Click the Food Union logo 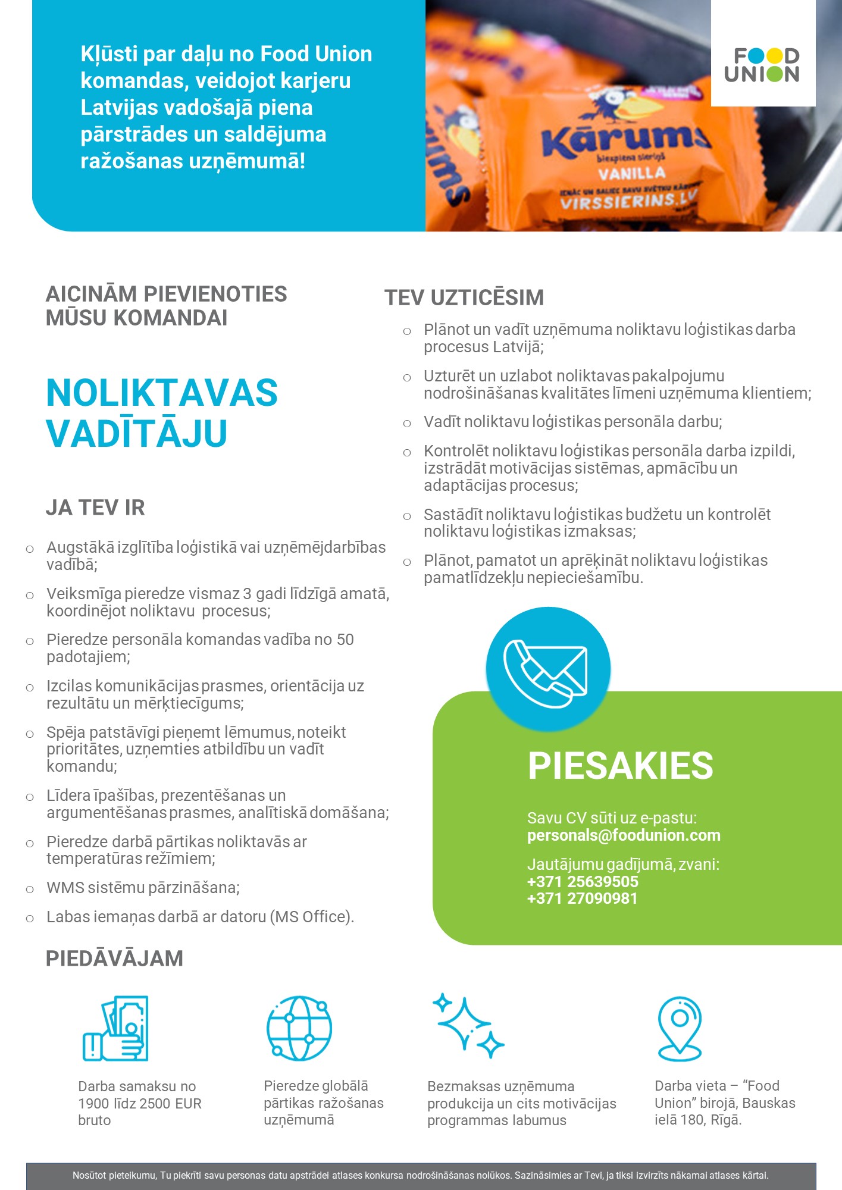click(762, 65)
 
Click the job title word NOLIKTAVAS click(162, 393)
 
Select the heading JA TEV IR click(95, 508)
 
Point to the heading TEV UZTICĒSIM click(464, 297)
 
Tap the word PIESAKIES click(620, 765)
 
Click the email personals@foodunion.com click(624, 835)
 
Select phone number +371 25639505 click(583, 882)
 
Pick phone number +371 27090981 click(582, 898)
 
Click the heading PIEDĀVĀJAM click(114, 959)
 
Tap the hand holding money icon click(115, 1028)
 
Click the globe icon click(299, 1028)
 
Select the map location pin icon click(680, 1028)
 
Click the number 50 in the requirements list click(345, 640)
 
